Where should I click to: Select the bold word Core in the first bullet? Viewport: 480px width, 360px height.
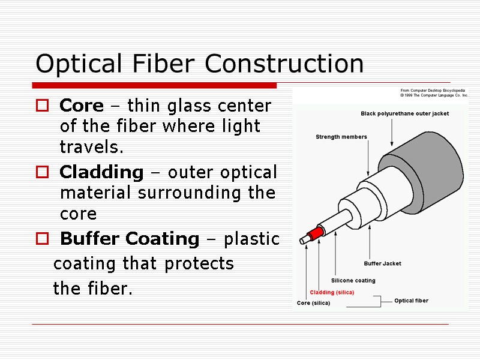[82, 106]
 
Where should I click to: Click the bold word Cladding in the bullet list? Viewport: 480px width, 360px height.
[101, 173]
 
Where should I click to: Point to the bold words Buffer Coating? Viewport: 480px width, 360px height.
[130, 239]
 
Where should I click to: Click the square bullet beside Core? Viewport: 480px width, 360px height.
[42, 107]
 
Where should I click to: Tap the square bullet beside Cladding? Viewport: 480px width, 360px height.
[42, 173]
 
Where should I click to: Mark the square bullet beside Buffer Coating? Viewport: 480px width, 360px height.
[42, 239]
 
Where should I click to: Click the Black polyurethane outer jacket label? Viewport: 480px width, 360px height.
[404, 113]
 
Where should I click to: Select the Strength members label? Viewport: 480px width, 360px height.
[341, 137]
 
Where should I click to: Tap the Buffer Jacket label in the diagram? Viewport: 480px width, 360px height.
[382, 263]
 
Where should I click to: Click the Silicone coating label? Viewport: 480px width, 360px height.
[353, 280]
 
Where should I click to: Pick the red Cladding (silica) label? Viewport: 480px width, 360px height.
[332, 292]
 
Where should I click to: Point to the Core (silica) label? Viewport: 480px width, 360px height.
[313, 303]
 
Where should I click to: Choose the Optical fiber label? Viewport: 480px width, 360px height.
[411, 301]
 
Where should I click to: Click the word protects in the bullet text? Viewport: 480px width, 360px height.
[203, 264]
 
